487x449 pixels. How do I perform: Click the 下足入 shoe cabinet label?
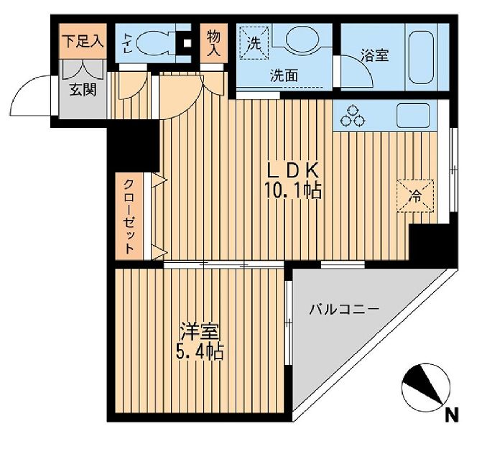point(82,41)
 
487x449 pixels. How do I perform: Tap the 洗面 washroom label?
point(284,74)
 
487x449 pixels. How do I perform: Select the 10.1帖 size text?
point(292,191)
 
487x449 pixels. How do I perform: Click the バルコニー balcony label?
point(343,310)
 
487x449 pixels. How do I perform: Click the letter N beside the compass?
point(451,415)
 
